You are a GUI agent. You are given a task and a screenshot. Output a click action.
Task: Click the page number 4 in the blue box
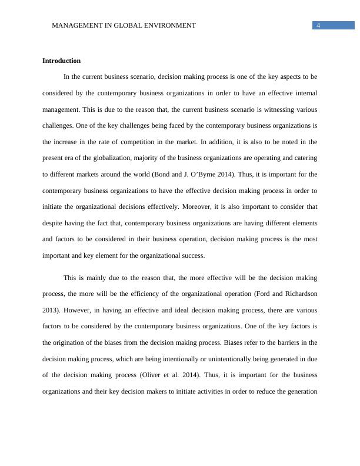318,25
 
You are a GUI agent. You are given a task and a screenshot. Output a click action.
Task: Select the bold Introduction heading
62,61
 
